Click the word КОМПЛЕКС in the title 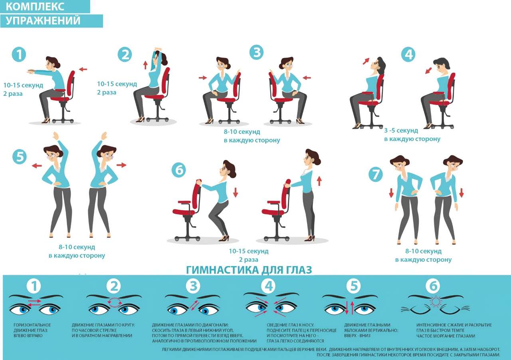pos(35,6)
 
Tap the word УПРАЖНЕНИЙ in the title pos(43,20)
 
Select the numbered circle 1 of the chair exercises pos(19,55)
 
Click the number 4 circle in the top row pos(408,55)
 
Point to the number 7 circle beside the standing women pos(376,175)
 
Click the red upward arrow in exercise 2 pos(145,65)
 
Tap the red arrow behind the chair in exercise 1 pos(83,69)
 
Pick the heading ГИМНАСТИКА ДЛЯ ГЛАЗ pos(249,270)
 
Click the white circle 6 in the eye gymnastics pos(433,286)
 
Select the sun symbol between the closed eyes pos(436,301)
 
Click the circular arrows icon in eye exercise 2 pos(115,303)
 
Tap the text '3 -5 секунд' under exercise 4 pos(401,131)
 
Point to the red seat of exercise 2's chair pos(154,96)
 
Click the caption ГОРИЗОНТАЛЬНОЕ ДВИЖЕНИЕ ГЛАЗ pos(32,328)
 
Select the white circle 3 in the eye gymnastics pos(194,286)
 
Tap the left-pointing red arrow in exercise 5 pos(37,166)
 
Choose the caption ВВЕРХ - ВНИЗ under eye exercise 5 pos(357,336)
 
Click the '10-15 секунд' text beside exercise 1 pos(23,86)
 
